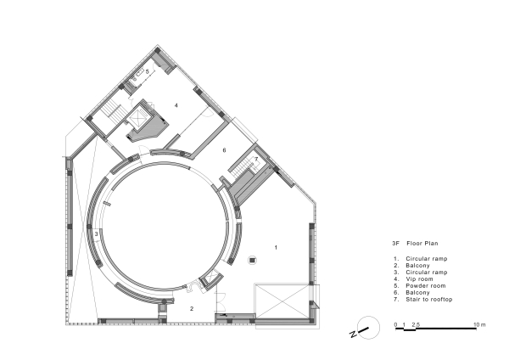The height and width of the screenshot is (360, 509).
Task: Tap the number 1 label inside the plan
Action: coord(276,246)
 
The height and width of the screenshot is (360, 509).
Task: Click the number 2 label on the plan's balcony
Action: coord(191,309)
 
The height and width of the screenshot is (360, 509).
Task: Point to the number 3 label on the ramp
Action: coord(97,233)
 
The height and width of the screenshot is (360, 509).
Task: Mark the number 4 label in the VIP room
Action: coord(176,105)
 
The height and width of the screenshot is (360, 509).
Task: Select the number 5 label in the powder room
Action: coord(147,72)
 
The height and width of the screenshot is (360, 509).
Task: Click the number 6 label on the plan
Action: coord(224,150)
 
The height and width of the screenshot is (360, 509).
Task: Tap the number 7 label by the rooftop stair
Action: coord(255,160)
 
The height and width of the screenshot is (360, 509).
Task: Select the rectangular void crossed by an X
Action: coord(282,301)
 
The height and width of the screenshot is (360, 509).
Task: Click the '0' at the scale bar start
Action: coord(395,325)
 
